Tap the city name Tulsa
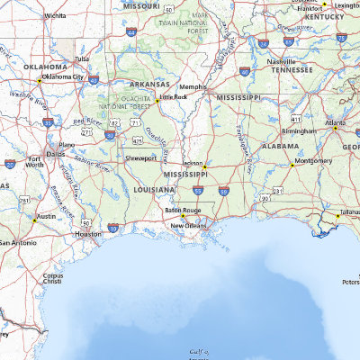[x=82, y=58]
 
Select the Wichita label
[x=55, y=15]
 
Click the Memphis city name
[x=193, y=86]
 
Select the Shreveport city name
[x=140, y=157]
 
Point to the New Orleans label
[x=190, y=225]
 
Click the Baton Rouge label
[x=183, y=210]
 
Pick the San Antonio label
[x=17, y=243]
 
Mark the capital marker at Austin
[x=35, y=220]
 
